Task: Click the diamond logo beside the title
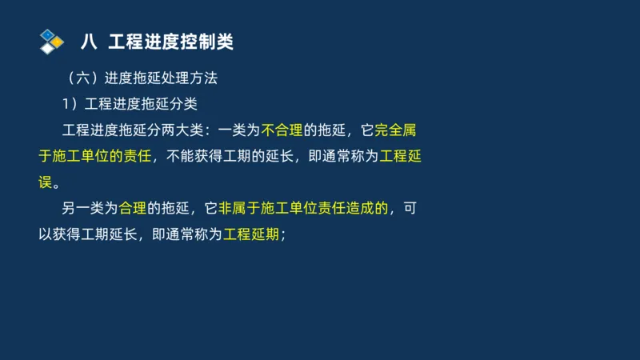52,41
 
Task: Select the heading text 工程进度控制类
170,42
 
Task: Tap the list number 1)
70,103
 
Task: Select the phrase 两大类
185,130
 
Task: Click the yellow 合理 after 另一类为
132,209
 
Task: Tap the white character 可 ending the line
410,209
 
